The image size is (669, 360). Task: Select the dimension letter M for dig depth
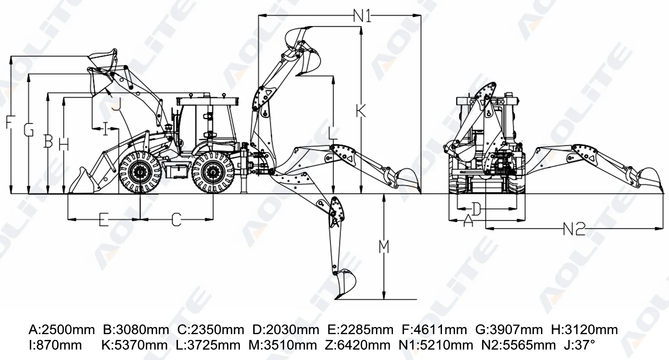[x=384, y=247]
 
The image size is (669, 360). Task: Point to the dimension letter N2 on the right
[x=574, y=229]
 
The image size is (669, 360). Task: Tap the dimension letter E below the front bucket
[x=103, y=219]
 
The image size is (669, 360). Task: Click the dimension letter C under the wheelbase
[x=177, y=219]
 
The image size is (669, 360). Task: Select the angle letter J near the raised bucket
[x=116, y=104]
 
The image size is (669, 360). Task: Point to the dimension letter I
[x=105, y=129]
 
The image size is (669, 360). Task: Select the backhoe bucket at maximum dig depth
[x=347, y=283]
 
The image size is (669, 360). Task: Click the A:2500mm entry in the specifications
[x=62, y=330]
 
